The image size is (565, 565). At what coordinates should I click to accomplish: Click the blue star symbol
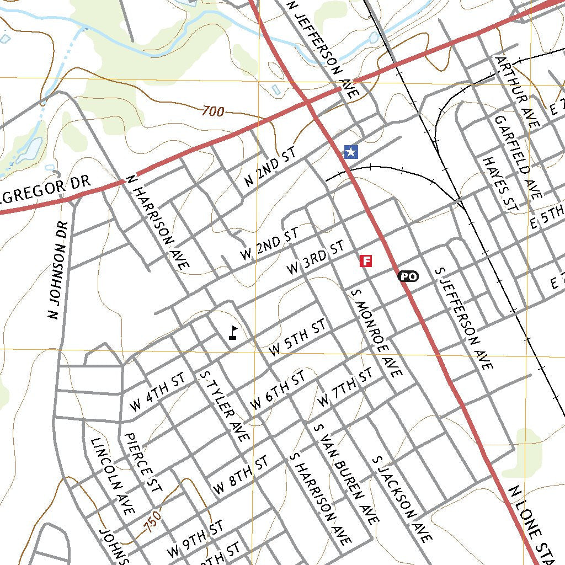click(x=350, y=152)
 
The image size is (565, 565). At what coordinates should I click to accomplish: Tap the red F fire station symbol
click(x=365, y=261)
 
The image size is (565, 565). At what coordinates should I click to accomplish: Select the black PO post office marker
click(x=408, y=276)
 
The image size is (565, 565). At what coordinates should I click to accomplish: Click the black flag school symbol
click(x=233, y=332)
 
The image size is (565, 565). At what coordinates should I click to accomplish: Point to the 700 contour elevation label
click(x=212, y=111)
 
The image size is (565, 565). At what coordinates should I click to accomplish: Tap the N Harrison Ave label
click(x=158, y=222)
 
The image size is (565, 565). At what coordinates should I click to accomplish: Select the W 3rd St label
click(x=315, y=258)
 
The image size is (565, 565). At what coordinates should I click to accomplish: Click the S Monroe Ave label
click(x=376, y=333)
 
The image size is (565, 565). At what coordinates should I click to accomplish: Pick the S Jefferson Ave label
click(x=463, y=319)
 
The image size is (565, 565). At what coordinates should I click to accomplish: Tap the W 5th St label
click(x=297, y=338)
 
